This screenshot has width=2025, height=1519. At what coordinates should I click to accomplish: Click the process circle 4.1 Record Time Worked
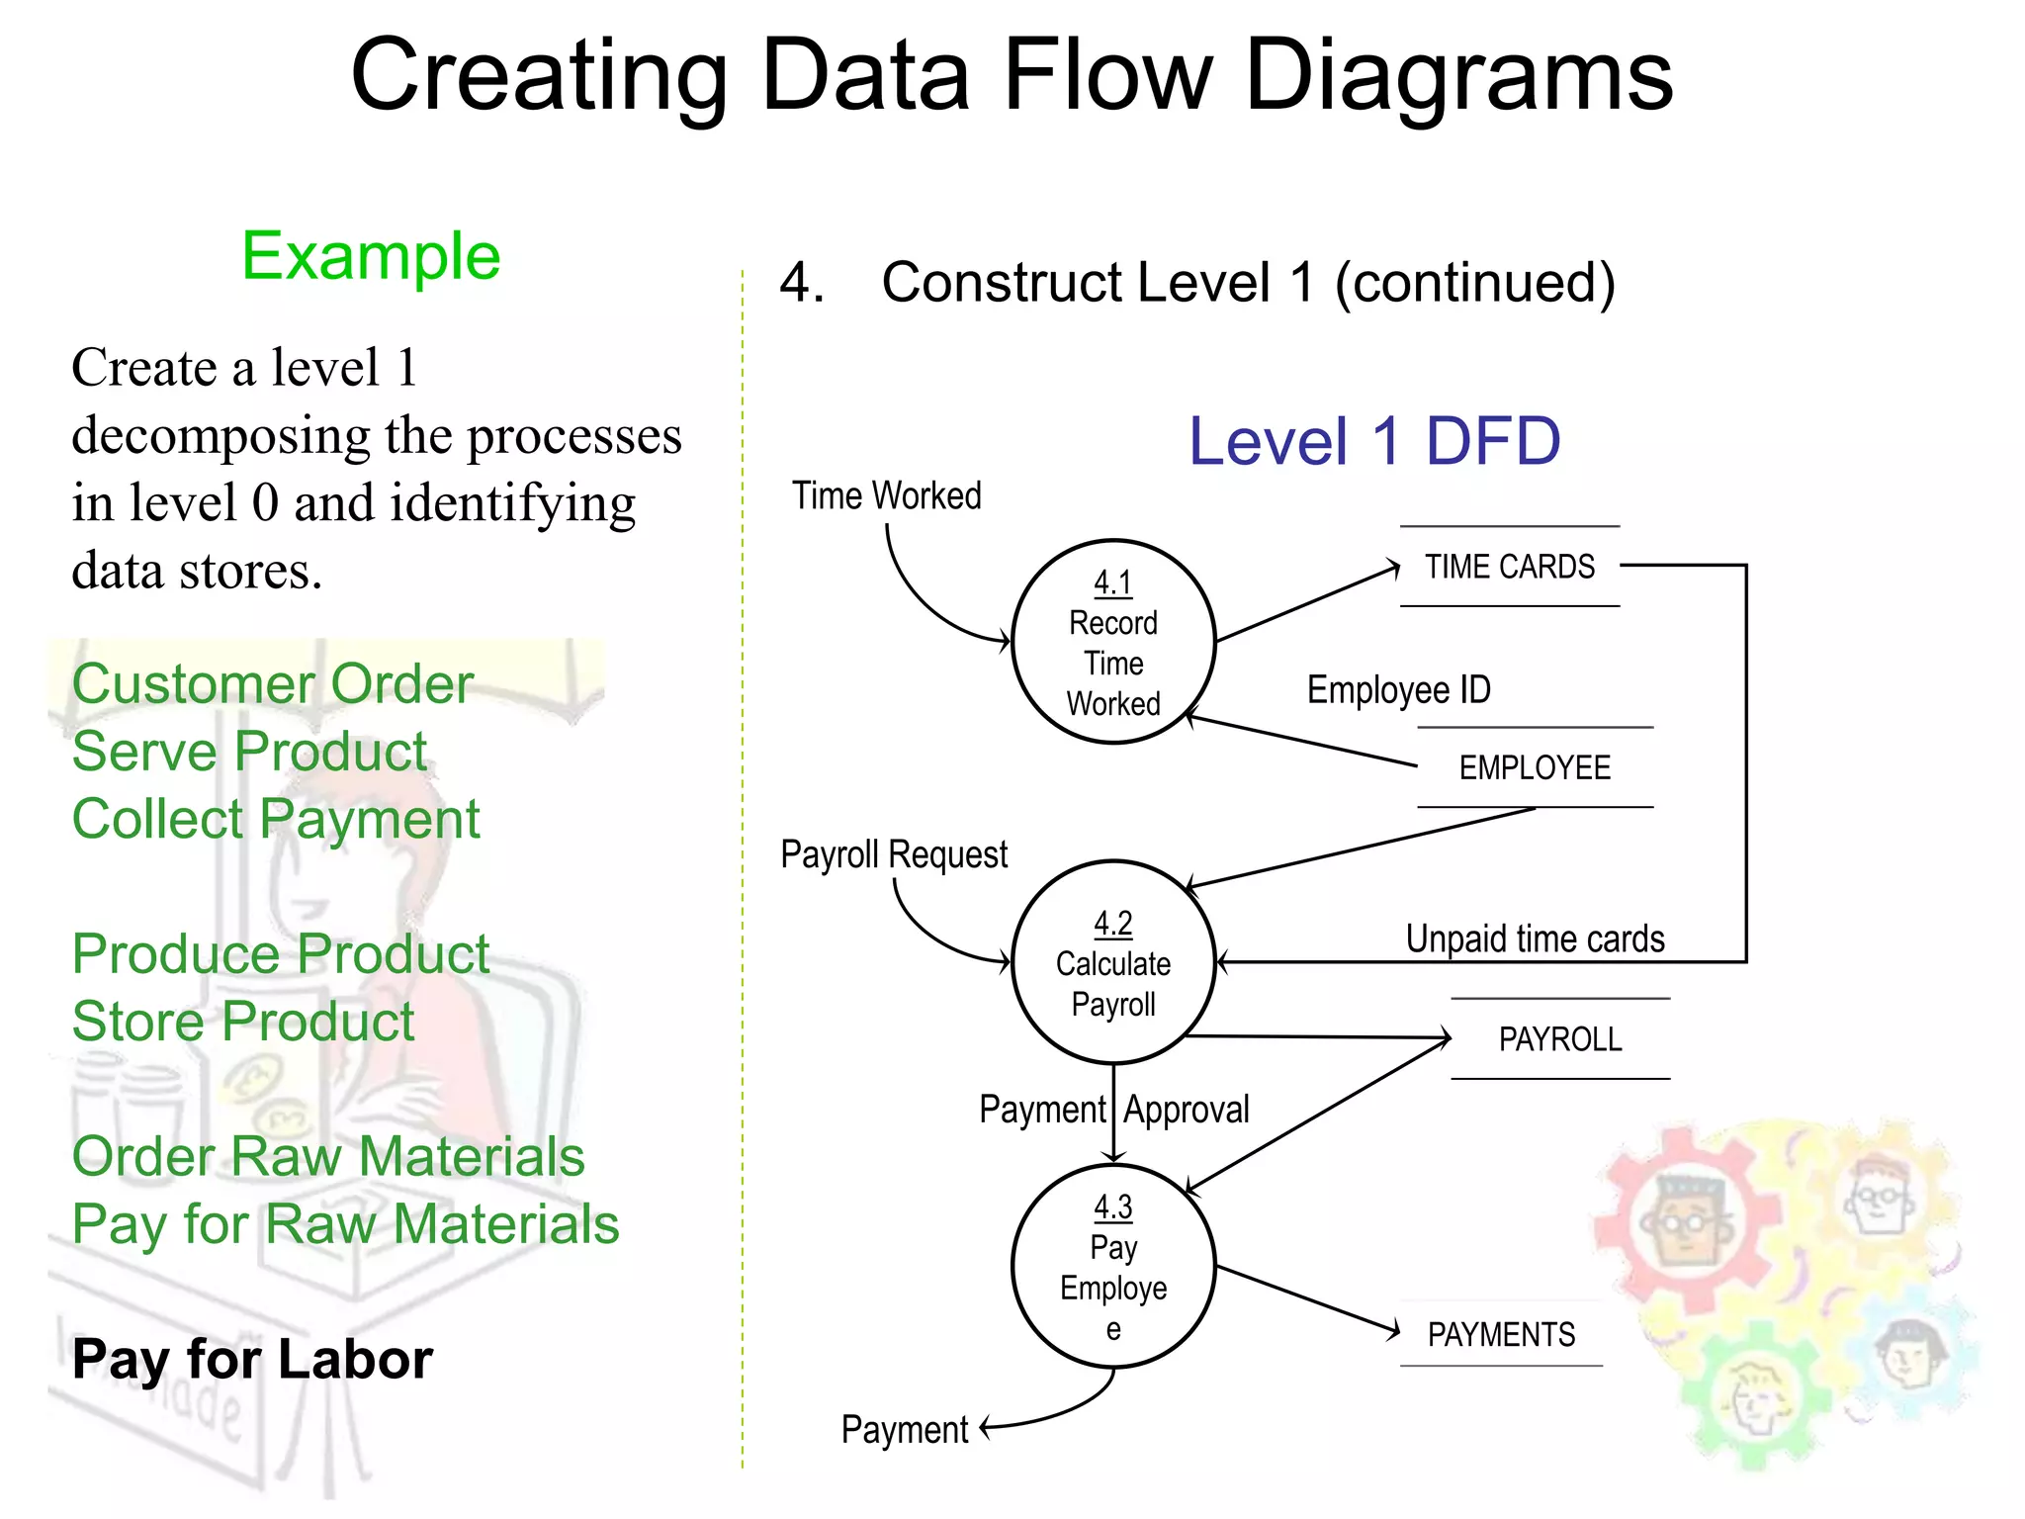1112,642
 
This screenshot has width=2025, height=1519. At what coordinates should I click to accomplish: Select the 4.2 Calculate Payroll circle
1112,962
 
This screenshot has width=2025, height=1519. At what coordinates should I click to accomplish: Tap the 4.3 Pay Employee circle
1112,1267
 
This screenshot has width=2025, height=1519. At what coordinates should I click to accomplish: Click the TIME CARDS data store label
1509,567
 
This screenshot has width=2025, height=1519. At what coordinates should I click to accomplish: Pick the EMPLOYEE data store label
1535,767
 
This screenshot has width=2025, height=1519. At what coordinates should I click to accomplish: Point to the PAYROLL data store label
1559,1039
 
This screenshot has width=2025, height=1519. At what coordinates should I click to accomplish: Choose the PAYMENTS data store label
1501,1334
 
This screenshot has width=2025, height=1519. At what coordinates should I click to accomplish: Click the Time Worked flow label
886,495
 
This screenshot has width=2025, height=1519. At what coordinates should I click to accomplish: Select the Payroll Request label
893,853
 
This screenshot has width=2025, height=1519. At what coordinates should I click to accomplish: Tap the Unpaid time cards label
1535,938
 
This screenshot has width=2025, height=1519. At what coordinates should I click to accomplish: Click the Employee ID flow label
1398,689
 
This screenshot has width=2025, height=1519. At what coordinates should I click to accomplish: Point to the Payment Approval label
1113,1110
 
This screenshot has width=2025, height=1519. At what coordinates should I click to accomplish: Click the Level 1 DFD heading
1373,441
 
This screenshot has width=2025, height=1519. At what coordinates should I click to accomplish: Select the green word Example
371,256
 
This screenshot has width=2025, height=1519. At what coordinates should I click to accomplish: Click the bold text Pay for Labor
252,1359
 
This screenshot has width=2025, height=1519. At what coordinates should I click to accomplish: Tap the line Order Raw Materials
328,1156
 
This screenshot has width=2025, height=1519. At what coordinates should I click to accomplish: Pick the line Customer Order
273,683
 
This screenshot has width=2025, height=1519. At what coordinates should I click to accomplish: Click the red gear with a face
1686,1221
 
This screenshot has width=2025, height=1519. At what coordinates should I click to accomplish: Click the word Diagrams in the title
1458,76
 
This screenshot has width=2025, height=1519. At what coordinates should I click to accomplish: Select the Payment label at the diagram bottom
904,1429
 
